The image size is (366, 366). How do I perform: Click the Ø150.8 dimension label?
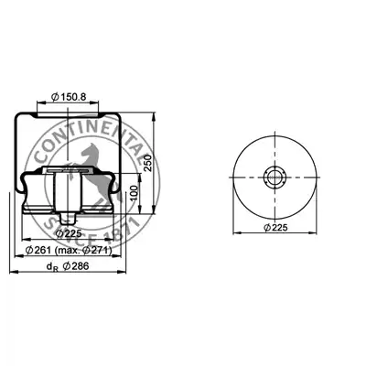[69, 97]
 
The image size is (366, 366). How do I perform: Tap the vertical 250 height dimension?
[147, 162]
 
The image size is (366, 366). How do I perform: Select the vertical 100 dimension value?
[134, 193]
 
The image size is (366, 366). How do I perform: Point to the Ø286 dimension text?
[76, 266]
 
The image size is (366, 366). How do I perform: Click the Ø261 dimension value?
[38, 251]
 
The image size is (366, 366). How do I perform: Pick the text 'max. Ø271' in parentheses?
[83, 251]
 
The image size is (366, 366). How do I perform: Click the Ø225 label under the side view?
[69, 233]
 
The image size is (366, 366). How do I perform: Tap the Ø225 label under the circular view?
[275, 228]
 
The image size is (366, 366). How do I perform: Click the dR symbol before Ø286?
[52, 267]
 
